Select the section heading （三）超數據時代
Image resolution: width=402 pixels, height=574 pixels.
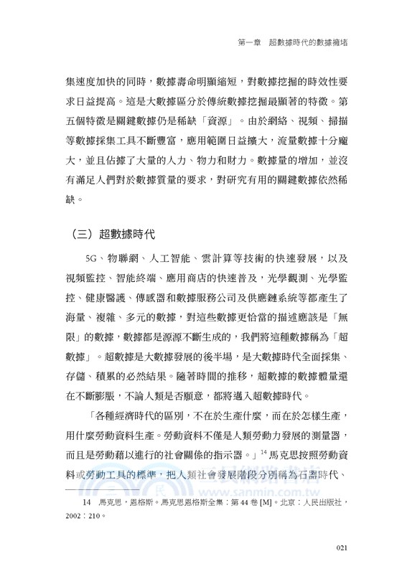coord(114,235)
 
